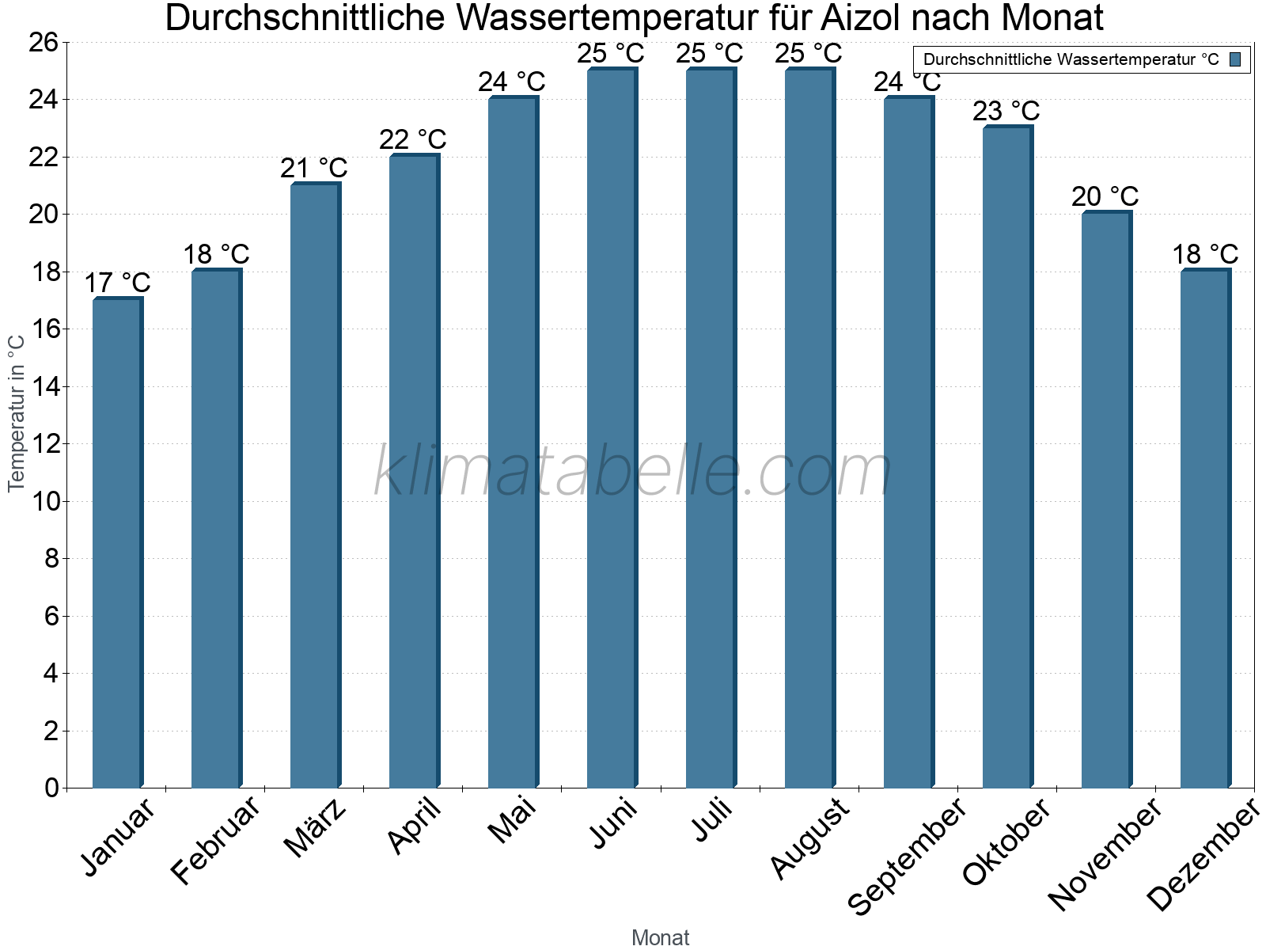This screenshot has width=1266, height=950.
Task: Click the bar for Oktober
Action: click(1007, 457)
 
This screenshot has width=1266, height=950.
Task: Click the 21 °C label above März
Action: click(313, 168)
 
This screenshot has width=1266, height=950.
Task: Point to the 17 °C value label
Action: click(117, 283)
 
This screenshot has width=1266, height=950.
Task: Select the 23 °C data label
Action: click(1006, 111)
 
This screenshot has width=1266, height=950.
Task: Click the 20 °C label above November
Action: click(1105, 196)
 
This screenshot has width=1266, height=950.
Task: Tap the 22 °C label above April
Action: click(412, 139)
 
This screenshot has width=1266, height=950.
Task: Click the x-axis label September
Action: click(908, 856)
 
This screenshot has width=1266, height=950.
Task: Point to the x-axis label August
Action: click(809, 838)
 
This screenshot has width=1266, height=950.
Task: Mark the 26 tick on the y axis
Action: click(44, 42)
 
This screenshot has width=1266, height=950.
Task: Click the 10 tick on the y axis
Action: click(44, 501)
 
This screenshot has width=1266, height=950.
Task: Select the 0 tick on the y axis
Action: click(52, 788)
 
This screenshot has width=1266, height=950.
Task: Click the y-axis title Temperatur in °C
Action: click(17, 413)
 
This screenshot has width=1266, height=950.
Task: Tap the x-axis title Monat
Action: click(660, 937)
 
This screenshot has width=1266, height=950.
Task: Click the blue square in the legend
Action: click(1235, 59)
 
